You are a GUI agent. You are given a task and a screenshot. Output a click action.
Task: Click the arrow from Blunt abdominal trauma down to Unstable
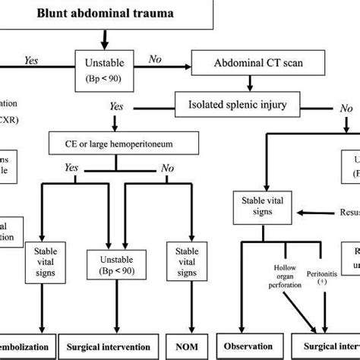(105, 38)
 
